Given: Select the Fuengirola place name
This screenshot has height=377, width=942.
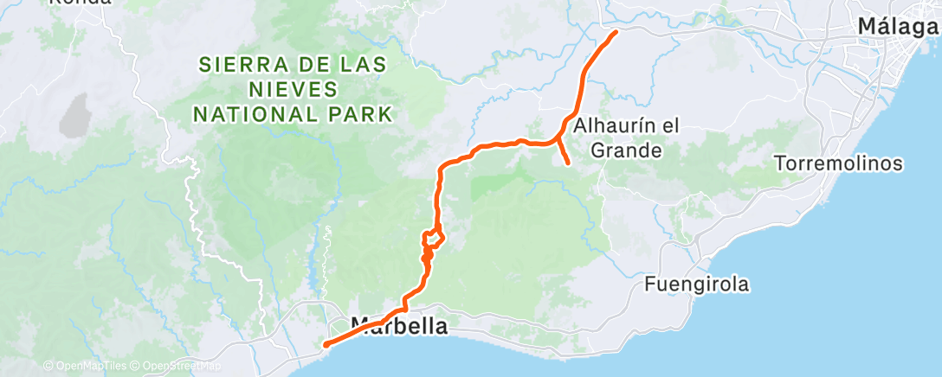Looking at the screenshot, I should click(x=696, y=283).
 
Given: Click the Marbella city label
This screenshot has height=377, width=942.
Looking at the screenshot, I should click(x=399, y=328).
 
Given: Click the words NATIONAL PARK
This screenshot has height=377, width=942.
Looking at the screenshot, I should click(x=293, y=113).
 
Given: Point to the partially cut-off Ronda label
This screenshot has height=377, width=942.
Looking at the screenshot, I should click(x=80, y=3).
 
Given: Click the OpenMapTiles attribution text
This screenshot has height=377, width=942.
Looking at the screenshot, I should click(x=87, y=366).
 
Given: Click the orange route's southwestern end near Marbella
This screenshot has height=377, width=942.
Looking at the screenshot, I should click(x=326, y=344).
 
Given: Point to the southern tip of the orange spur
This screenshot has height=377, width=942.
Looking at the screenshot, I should click(x=567, y=163).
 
